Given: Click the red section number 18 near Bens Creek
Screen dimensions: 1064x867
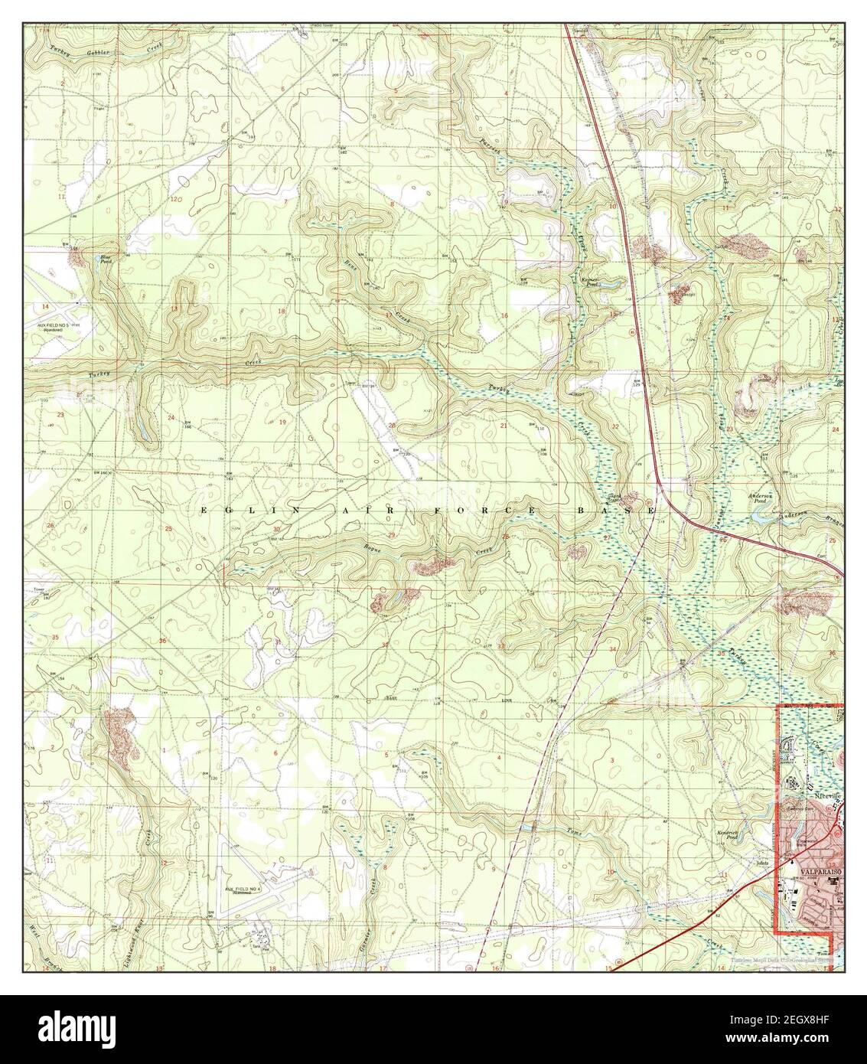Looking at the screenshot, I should click(281, 311).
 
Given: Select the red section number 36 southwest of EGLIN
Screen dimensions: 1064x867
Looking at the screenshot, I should click(162, 641).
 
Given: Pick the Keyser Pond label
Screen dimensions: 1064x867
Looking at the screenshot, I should click(588, 282).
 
